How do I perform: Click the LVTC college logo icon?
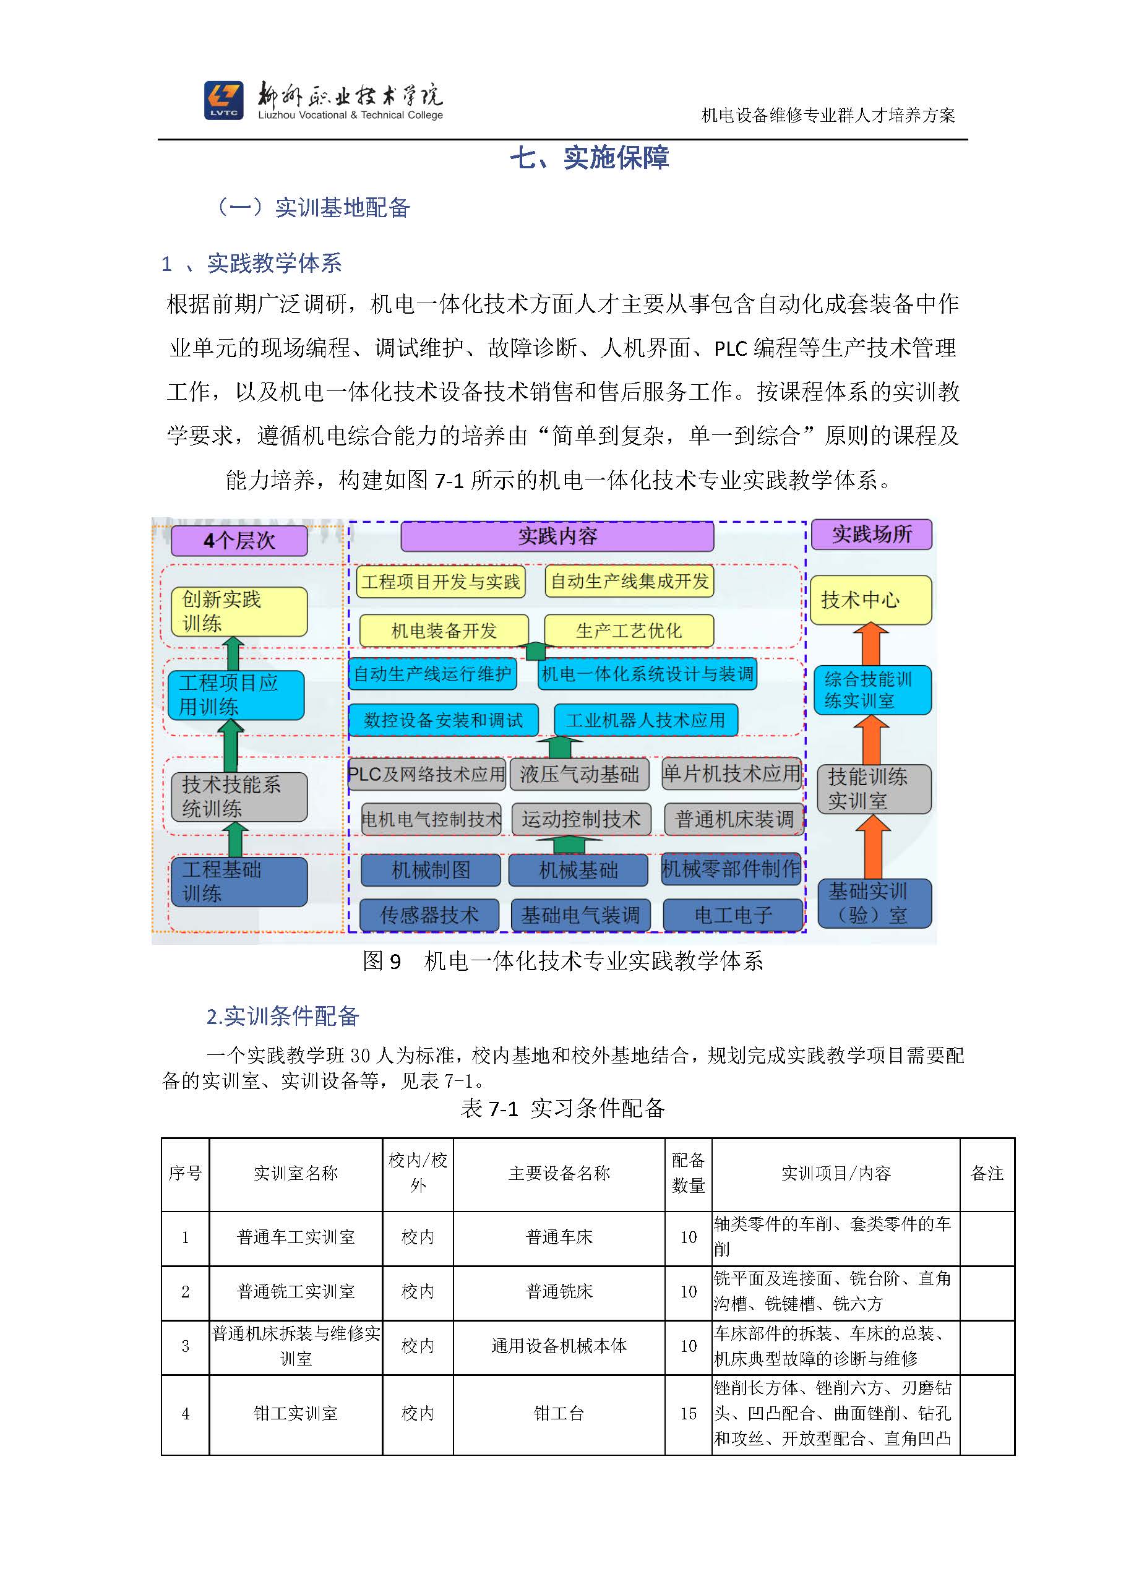pyautogui.click(x=223, y=100)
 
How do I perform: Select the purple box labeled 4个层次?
pyautogui.click(x=239, y=540)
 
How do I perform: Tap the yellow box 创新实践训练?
pyautogui.click(x=239, y=611)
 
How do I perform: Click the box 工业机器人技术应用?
pyautogui.click(x=645, y=720)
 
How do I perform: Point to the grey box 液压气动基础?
pyautogui.click(x=580, y=774)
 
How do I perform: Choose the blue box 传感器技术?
pyautogui.click(x=430, y=915)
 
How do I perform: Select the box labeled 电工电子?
pyautogui.click(x=733, y=915)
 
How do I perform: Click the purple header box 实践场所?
pyautogui.click(x=872, y=534)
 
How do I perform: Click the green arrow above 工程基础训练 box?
pyautogui.click(x=235, y=839)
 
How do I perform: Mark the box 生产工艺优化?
pyautogui.click(x=629, y=630)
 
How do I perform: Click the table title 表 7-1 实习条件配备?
pyautogui.click(x=562, y=1108)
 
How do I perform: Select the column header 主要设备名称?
pyautogui.click(x=559, y=1173)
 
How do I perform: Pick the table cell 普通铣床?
pyautogui.click(x=559, y=1292)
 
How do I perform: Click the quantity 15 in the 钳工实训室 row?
pyautogui.click(x=688, y=1414)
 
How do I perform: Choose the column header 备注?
pyautogui.click(x=987, y=1173)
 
